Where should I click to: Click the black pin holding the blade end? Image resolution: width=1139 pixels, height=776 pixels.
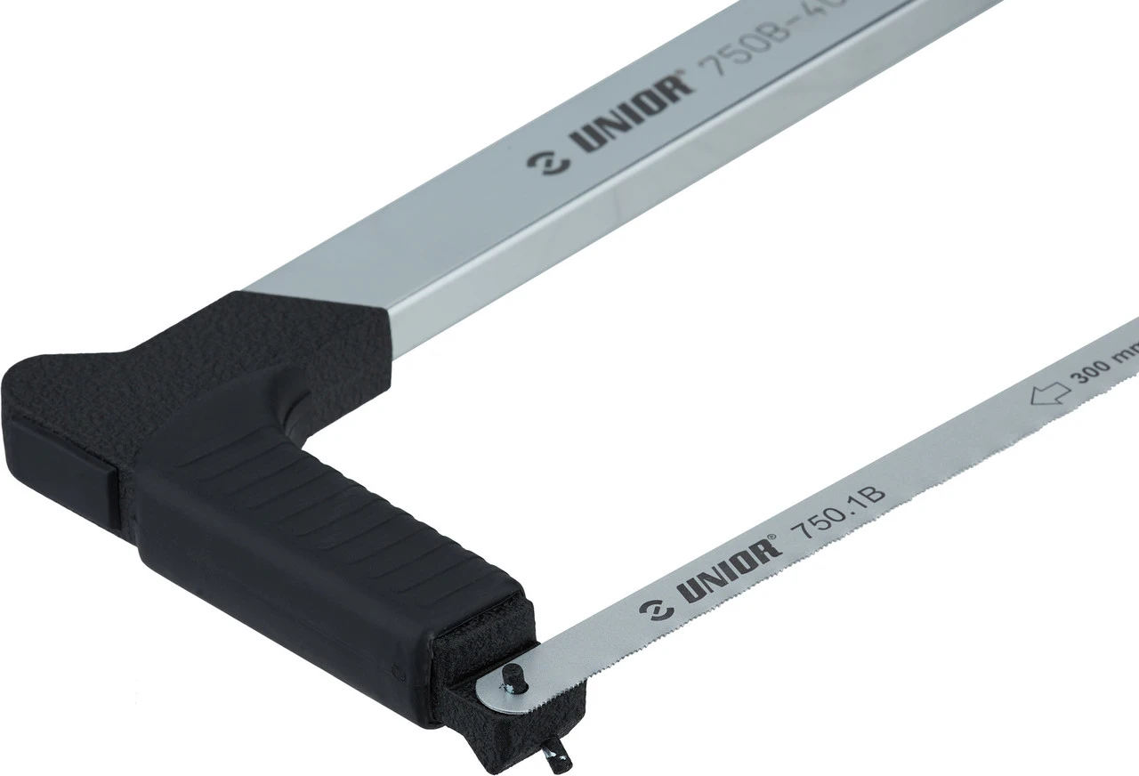(x=513, y=675)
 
